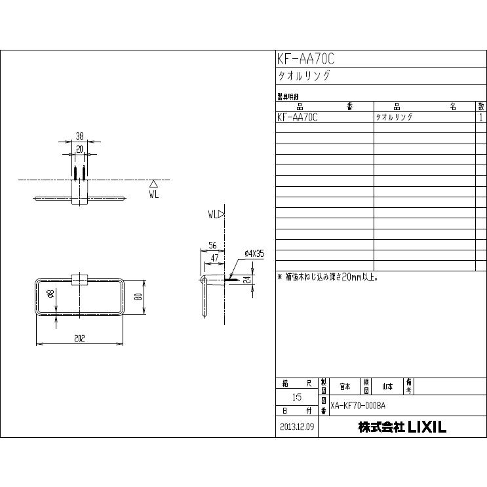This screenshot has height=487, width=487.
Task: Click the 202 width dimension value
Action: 80,338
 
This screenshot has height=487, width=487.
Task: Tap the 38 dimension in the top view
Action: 79,137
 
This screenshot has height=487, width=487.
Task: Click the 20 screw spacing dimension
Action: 79,149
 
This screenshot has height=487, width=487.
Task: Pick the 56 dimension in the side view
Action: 212,245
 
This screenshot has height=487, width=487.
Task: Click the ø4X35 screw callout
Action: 254,253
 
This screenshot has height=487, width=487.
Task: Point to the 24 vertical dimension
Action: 248,279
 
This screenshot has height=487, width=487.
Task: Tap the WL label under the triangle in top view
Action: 153,195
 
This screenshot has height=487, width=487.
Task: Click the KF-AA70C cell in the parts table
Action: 298,117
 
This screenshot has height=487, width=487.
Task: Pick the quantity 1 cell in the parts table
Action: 481,117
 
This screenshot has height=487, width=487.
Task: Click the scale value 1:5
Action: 297,397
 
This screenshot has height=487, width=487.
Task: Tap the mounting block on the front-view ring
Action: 79,280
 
